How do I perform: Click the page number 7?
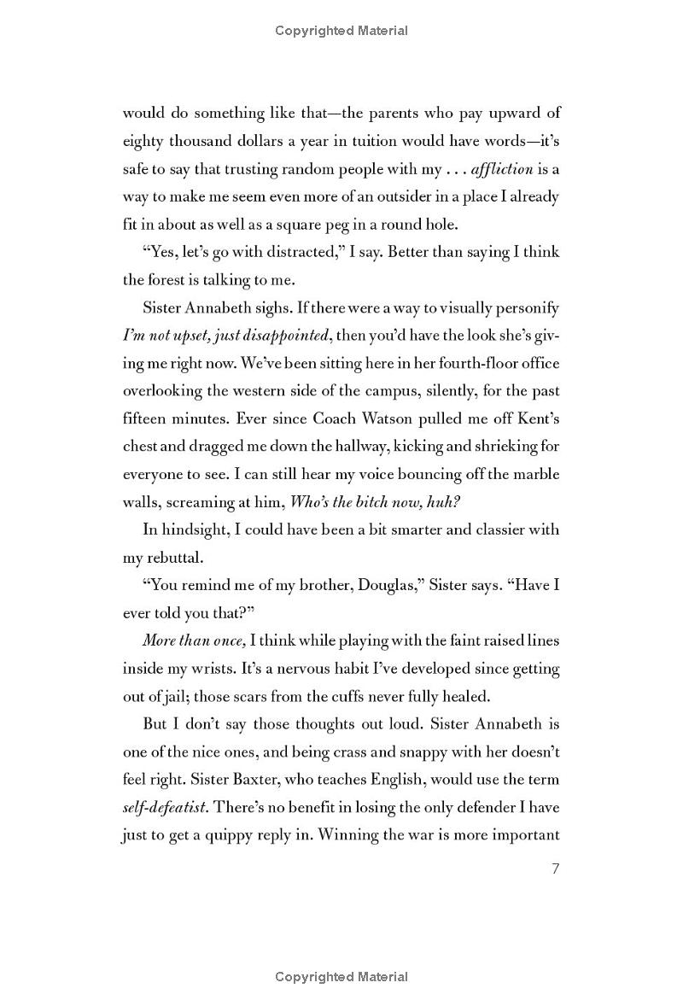click(x=555, y=869)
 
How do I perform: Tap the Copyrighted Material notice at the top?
click(x=341, y=31)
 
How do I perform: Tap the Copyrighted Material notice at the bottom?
click(x=341, y=977)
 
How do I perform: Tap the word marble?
click(x=537, y=474)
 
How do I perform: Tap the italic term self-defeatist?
click(x=166, y=807)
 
